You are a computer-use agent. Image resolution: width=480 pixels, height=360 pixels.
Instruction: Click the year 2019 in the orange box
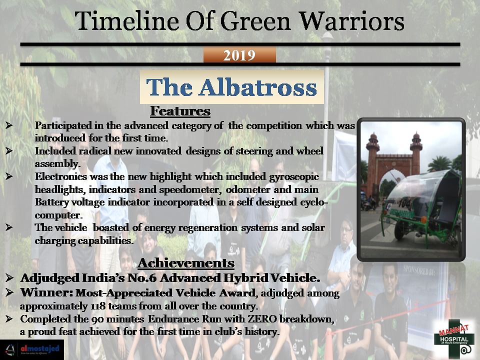pyautogui.click(x=239, y=55)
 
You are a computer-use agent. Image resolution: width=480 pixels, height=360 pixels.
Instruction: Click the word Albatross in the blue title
pyautogui.click(x=258, y=87)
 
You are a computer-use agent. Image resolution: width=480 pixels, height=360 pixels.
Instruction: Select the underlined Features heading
pyautogui.click(x=180, y=111)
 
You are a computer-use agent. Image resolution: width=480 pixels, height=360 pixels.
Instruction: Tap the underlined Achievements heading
pyautogui.click(x=186, y=263)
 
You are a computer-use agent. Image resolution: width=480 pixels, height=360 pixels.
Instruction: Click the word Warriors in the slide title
pyautogui.click(x=351, y=21)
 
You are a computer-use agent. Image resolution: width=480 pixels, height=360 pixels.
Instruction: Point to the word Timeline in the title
pyautogui.click(x=127, y=21)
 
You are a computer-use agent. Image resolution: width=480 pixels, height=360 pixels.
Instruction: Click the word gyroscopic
pyautogui.click(x=294, y=177)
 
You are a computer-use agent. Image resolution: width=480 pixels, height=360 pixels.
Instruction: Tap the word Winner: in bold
pyautogui.click(x=46, y=292)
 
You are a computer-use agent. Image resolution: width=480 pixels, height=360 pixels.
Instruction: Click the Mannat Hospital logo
pyautogui.click(x=454, y=339)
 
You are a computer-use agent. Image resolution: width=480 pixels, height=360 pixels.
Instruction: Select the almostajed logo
pyautogui.click(x=32, y=349)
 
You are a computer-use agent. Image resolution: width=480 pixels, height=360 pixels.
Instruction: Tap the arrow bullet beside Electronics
pyautogui.click(x=9, y=176)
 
